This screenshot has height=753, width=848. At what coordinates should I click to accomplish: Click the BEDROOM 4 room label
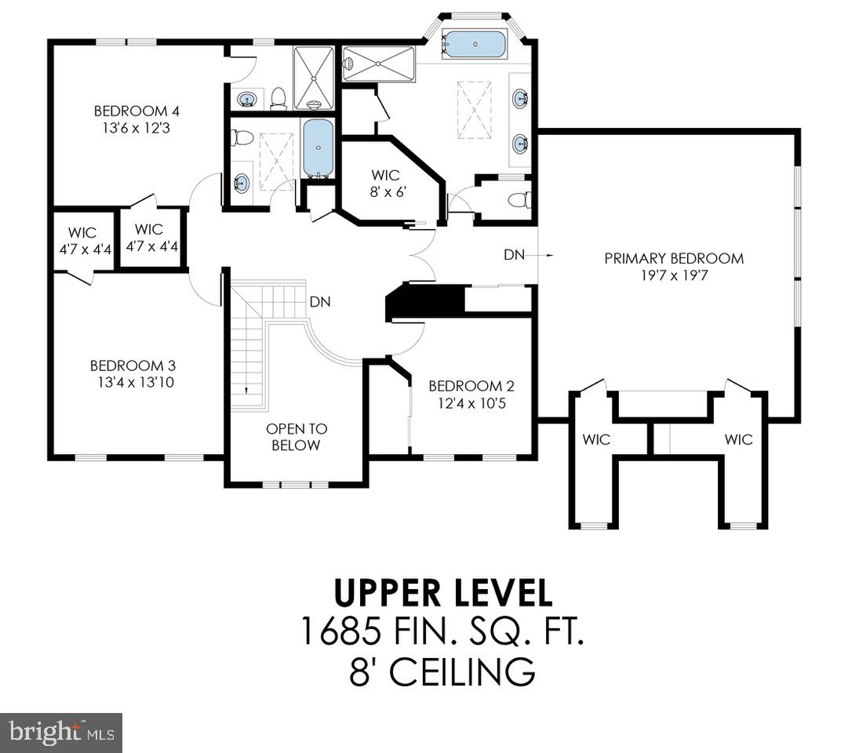tap(131, 111)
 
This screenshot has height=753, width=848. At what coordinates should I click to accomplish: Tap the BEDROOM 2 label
tap(471, 386)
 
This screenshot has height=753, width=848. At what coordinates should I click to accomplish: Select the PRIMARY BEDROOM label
tap(673, 258)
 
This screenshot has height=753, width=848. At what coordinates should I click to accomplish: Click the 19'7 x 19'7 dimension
tap(673, 275)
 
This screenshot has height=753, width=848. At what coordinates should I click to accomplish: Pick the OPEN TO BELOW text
tap(297, 437)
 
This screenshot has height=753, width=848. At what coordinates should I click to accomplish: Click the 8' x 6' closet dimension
tap(385, 191)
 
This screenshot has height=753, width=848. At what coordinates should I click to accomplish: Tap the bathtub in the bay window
tap(474, 44)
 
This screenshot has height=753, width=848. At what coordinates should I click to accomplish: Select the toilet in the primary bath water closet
tap(518, 200)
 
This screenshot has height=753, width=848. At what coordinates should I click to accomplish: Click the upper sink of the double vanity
tap(520, 99)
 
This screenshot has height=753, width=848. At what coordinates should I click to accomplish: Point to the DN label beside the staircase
tap(319, 301)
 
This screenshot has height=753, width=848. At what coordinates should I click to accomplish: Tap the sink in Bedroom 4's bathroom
tap(247, 100)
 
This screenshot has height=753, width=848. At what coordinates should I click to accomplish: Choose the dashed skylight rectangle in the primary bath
tap(474, 110)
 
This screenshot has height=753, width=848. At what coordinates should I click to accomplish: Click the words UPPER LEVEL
tap(443, 592)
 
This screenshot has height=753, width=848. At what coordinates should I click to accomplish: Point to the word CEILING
tap(462, 672)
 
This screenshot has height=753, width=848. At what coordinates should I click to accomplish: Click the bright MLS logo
tap(60, 733)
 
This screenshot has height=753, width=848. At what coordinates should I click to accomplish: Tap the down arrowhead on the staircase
tap(246, 389)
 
